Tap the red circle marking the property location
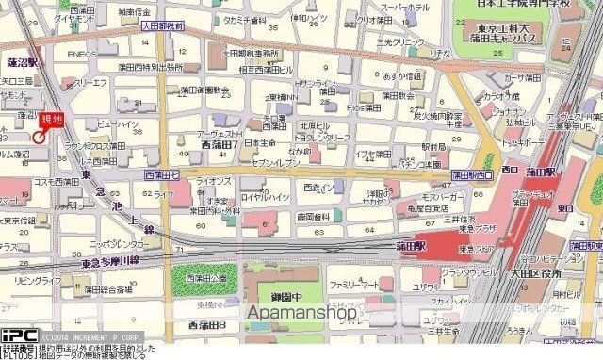tap(39, 138)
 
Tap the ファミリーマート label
tap(354, 284)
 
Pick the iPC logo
tap(16, 335)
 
